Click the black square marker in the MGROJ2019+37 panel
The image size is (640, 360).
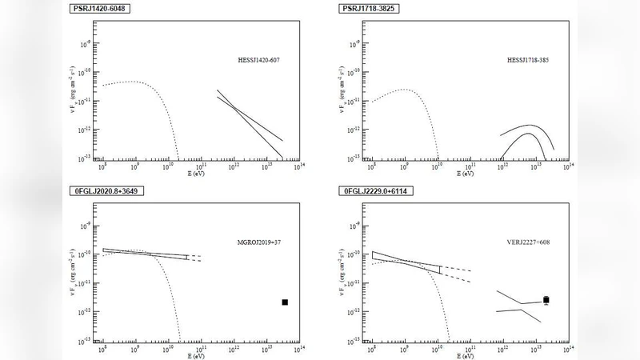284,302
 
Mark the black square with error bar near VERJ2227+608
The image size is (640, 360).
546,300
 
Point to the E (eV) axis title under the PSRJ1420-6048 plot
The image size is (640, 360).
195,172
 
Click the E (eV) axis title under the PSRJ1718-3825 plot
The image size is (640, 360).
464,172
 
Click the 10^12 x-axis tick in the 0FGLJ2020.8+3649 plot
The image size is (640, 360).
234,348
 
